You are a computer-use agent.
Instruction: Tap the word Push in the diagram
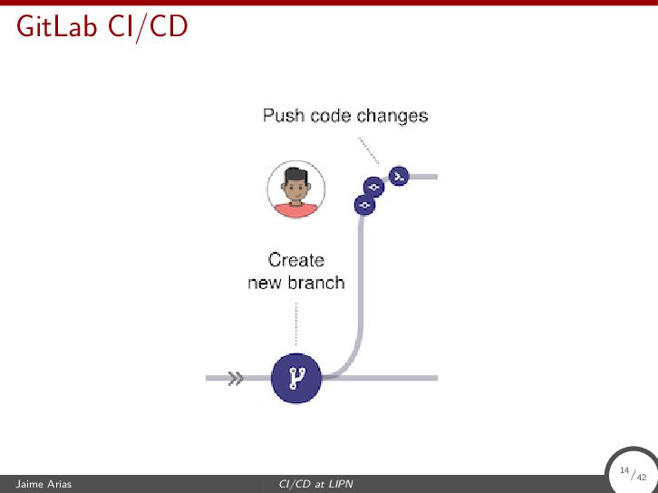(283, 116)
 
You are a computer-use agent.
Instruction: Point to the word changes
(392, 116)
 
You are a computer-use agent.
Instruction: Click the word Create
(296, 260)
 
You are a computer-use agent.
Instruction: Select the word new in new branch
(266, 283)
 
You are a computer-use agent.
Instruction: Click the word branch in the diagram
(316, 283)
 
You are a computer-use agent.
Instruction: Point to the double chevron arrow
(236, 378)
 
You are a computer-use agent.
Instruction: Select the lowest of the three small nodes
(364, 206)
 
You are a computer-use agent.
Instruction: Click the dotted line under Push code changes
(368, 150)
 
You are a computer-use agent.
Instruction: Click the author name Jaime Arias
(37, 485)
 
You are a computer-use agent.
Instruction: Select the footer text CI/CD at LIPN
(315, 485)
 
